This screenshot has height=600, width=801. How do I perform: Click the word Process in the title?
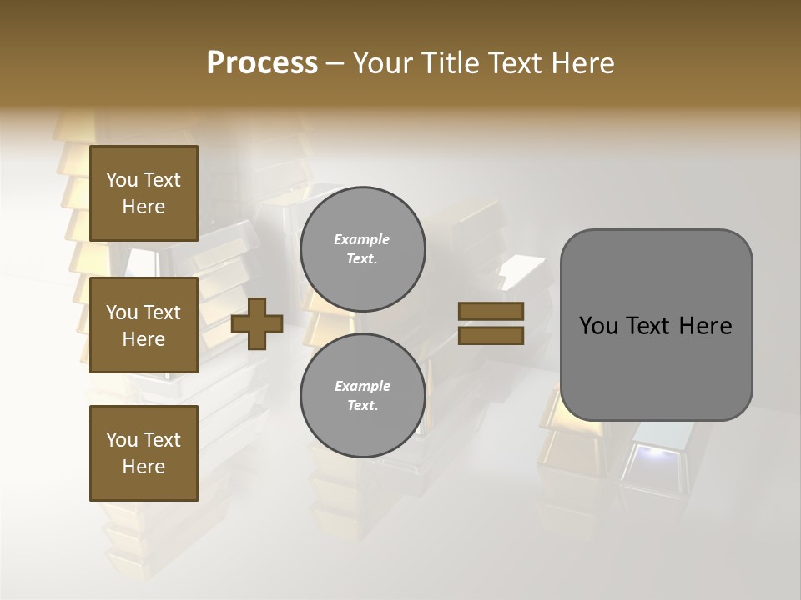[262, 63]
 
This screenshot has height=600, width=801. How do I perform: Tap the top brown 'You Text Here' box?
[144, 193]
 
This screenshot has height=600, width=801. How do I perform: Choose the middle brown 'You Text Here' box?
[144, 325]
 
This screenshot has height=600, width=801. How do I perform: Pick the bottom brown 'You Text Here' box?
[144, 453]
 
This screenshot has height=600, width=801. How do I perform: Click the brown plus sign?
[257, 323]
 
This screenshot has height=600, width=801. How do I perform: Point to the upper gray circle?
[362, 249]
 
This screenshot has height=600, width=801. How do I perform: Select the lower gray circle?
[362, 396]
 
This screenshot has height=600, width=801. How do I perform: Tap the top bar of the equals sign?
[491, 311]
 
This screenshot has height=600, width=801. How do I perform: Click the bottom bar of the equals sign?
[491, 335]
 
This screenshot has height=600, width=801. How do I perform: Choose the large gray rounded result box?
[656, 325]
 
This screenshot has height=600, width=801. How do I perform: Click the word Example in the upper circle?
[362, 239]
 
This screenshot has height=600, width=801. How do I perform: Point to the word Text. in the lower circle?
[362, 406]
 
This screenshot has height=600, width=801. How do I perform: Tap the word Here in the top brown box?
[144, 207]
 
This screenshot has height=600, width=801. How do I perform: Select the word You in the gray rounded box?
[597, 326]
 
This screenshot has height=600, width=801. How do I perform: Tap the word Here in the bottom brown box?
[144, 467]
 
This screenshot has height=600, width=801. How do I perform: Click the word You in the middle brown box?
[122, 312]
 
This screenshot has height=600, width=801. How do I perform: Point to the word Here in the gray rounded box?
[705, 326]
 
